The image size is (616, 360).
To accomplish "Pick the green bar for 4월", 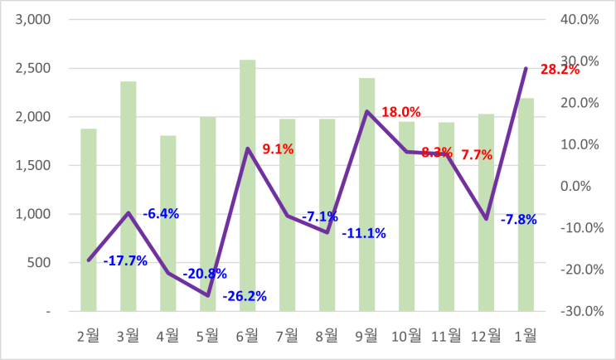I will [x=168, y=223].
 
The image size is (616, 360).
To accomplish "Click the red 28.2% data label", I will [x=559, y=69].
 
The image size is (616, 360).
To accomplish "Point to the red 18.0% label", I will [x=401, y=111].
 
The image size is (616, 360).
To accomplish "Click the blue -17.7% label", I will [x=125, y=260].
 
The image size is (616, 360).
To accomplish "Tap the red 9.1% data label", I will [x=277, y=149].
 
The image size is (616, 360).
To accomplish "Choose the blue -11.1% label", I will [x=365, y=232].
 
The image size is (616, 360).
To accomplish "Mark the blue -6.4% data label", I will [x=161, y=213].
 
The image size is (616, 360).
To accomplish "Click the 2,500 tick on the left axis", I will [x=32, y=68].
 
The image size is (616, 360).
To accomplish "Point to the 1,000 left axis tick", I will [x=32, y=214].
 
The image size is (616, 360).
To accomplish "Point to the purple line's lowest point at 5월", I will [x=208, y=295].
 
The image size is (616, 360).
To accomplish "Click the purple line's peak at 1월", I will [x=526, y=68].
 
